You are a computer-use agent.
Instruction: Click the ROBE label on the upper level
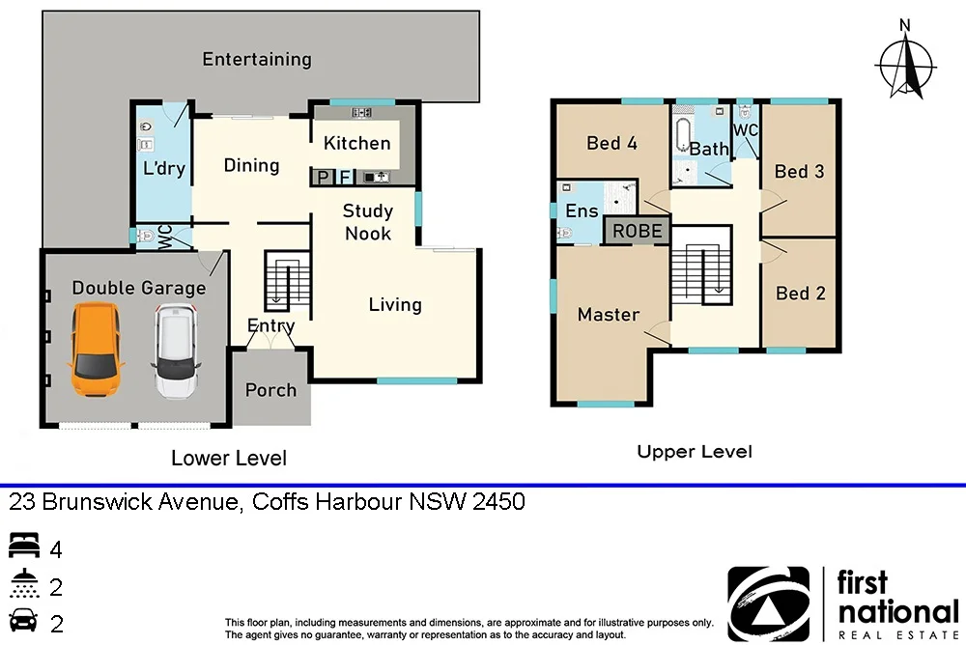click(638, 231)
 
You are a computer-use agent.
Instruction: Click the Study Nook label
click(368, 222)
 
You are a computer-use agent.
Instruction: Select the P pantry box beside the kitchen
click(322, 178)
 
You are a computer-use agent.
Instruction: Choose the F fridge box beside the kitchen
click(345, 178)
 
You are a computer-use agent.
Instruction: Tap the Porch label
click(270, 390)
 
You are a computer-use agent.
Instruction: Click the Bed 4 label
click(611, 143)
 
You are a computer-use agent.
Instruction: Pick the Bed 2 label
click(800, 293)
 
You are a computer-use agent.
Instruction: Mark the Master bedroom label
click(608, 314)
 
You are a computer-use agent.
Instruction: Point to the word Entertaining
click(256, 59)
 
